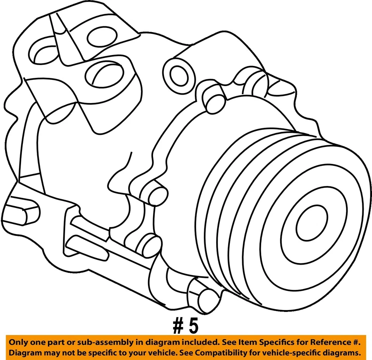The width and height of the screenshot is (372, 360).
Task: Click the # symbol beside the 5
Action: pos(177,326)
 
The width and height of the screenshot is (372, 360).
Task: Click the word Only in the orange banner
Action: pos(19,342)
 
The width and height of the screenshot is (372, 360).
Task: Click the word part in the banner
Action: pos(55,342)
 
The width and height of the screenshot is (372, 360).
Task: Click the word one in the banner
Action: pos(37,342)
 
